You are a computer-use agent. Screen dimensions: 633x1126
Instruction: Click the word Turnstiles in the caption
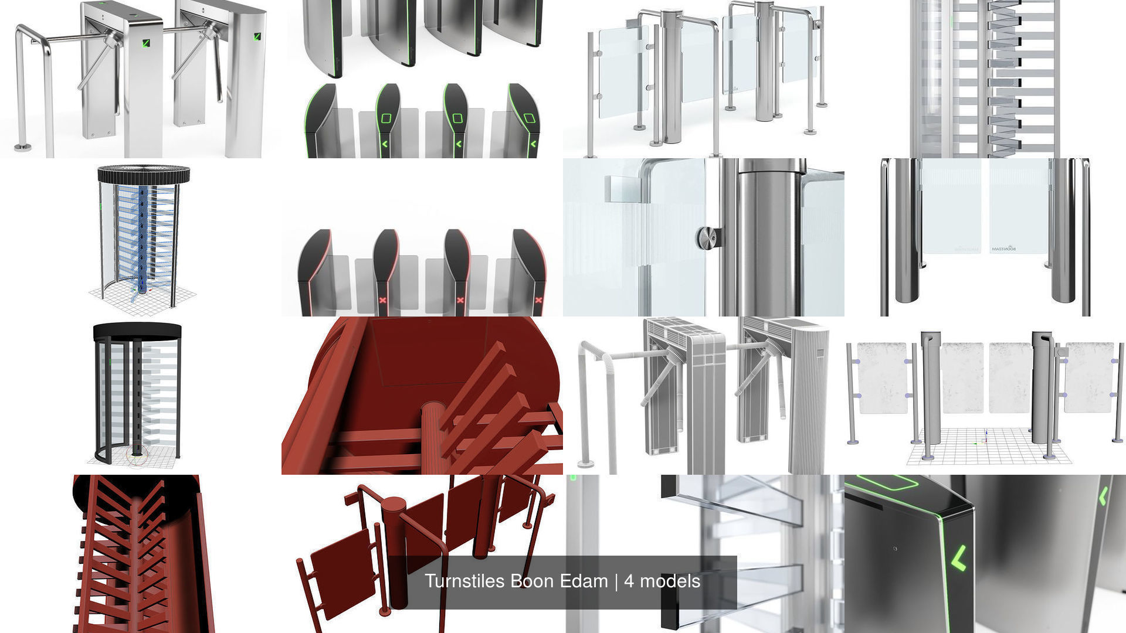coord(465,581)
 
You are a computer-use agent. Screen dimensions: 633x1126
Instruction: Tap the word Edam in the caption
coord(584,581)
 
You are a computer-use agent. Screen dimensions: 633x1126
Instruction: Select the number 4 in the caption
coord(629,581)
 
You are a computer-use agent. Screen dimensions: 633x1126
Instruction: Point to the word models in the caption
coord(670,581)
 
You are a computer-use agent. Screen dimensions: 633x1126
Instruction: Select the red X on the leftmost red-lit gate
coord(383,300)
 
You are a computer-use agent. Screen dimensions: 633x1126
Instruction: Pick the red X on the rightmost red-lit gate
coord(538,300)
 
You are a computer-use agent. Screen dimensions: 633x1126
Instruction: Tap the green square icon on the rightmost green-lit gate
coord(529,118)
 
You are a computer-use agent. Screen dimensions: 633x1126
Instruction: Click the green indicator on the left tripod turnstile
coord(145,43)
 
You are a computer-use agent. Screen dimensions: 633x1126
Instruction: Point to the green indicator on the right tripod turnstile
coord(257,37)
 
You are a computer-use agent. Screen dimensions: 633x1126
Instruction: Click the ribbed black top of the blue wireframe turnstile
coord(144,174)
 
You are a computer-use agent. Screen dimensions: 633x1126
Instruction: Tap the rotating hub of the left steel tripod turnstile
coord(111,40)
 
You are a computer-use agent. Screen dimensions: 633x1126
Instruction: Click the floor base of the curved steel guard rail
coord(22,147)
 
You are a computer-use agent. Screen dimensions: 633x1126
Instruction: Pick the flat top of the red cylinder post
coord(393,503)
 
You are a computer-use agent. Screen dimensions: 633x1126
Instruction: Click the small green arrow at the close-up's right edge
coord(1103,496)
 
